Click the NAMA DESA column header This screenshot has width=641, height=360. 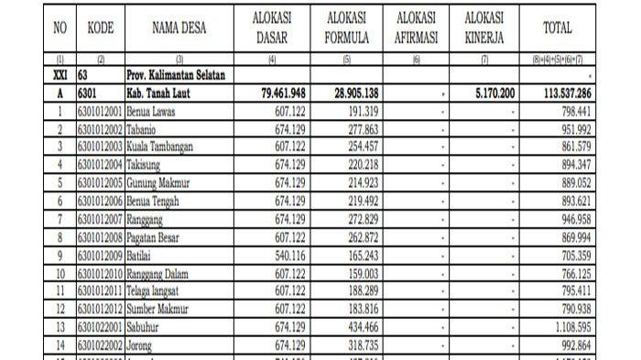pos(179,28)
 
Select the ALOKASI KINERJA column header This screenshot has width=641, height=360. pos(489,28)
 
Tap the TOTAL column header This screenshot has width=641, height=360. pos(557,28)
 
